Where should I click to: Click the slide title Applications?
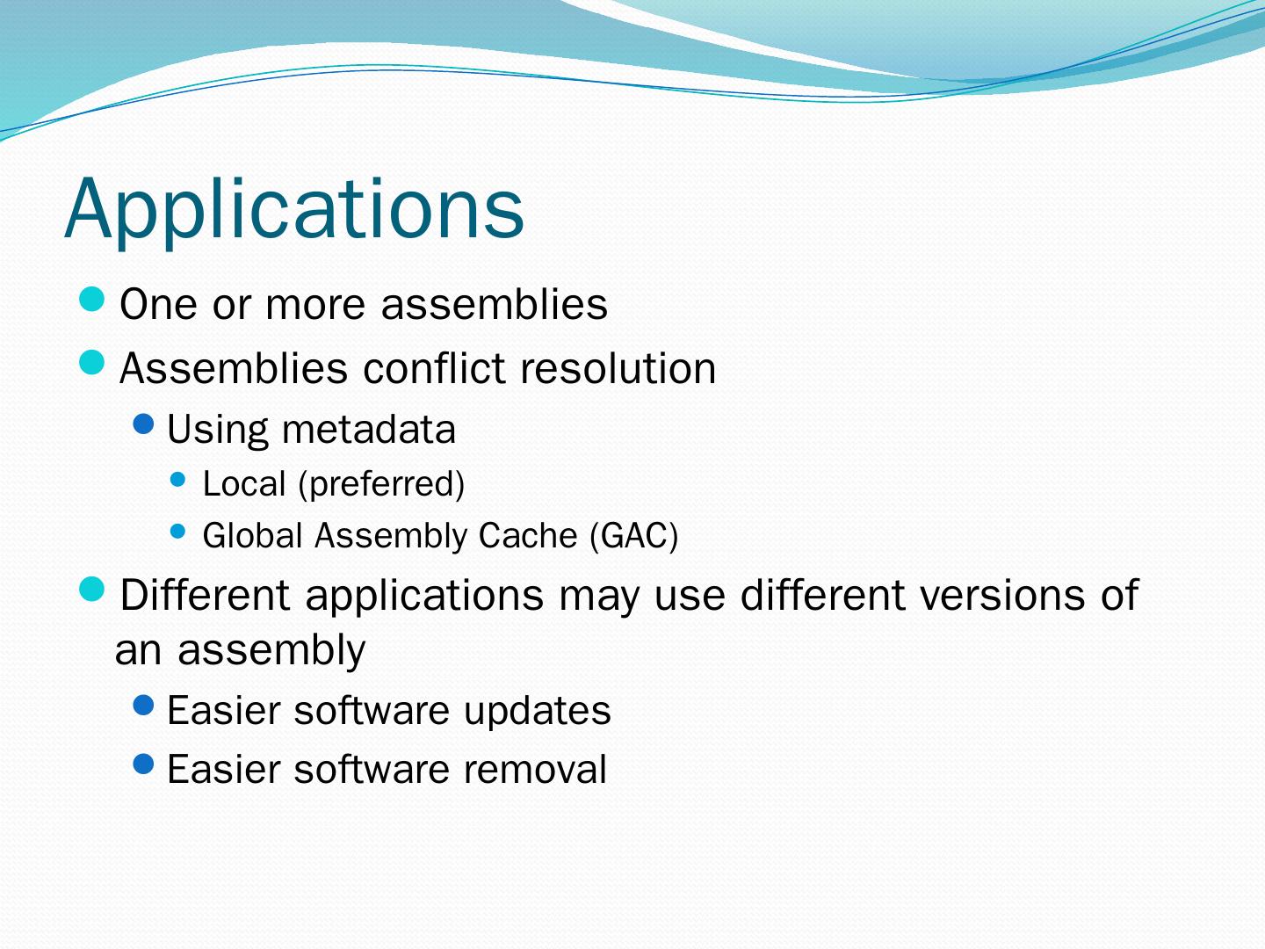point(294,211)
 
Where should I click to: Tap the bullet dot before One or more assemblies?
point(92,300)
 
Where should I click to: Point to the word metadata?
point(369,430)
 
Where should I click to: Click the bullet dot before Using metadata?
point(143,424)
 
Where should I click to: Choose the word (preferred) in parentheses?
point(381,484)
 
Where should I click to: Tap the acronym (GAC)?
point(634,536)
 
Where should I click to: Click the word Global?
point(252,535)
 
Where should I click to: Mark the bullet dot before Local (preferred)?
point(178,479)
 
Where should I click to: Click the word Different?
point(205,595)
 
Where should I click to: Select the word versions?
point(1001,595)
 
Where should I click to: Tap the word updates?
point(537,711)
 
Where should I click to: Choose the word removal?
point(535,769)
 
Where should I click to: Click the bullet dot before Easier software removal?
point(143,764)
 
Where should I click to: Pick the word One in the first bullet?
point(158,304)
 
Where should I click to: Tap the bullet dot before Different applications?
point(92,589)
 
